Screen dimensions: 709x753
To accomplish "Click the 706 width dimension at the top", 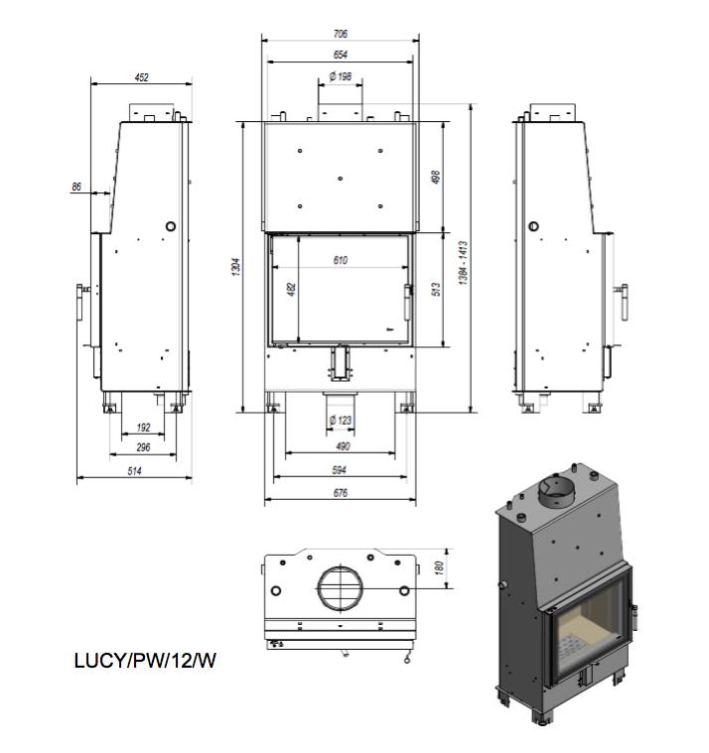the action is click(x=341, y=34).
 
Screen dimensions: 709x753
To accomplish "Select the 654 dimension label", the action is click(x=341, y=55).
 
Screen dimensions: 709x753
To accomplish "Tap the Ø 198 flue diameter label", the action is click(x=341, y=76).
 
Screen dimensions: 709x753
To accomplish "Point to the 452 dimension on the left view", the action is click(x=142, y=77).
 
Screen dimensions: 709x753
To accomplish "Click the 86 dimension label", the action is click(x=76, y=187).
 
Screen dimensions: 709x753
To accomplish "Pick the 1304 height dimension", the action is click(x=236, y=267).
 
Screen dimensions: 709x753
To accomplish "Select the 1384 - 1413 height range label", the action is click(x=464, y=263).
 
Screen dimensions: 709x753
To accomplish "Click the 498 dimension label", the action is click(x=436, y=178).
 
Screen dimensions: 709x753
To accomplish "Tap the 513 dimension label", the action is click(x=436, y=289).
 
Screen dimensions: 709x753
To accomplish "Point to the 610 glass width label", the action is click(x=341, y=260).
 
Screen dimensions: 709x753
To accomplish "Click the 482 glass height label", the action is click(x=292, y=289).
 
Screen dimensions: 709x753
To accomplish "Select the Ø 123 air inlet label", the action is click(x=341, y=421).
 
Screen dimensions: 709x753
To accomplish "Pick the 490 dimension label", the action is click(x=343, y=446).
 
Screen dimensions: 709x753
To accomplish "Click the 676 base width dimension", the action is click(x=341, y=493).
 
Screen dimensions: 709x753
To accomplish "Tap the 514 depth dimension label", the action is click(x=135, y=471).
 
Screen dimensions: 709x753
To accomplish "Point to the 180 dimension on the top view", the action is click(x=439, y=568).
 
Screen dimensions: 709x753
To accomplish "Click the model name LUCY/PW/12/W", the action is click(x=145, y=661).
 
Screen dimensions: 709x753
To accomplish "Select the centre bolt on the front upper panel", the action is click(x=341, y=179).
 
